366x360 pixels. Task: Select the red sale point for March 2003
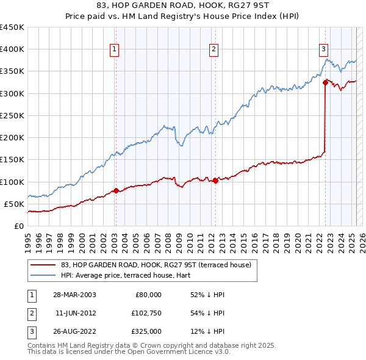[x=116, y=190]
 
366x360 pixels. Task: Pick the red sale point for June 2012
[x=215, y=181]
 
